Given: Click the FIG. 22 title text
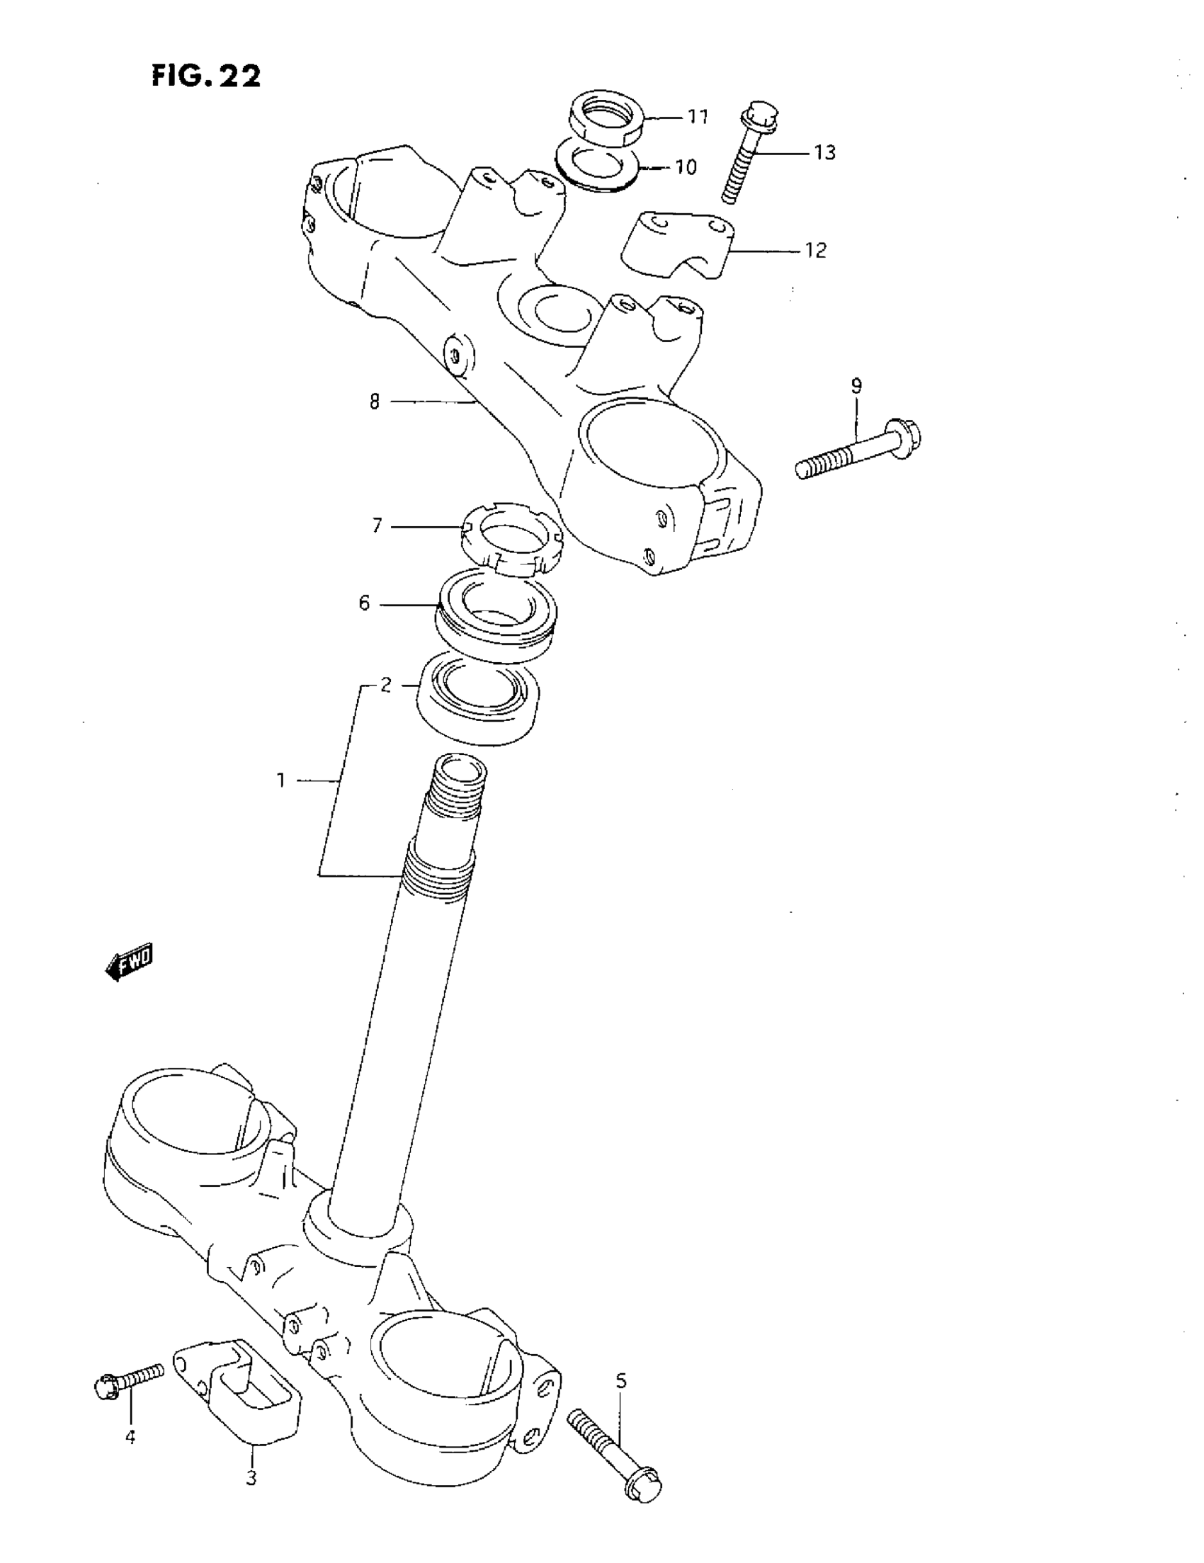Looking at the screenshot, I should tap(206, 75).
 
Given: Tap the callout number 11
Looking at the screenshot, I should tap(697, 117).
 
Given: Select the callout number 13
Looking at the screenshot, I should tap(824, 152).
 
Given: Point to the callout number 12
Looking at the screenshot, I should tap(815, 250).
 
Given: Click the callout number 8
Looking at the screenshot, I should tap(375, 402).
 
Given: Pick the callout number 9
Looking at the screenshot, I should tap(856, 387).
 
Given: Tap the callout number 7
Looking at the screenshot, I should tap(377, 526).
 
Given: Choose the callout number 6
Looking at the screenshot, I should tap(364, 604).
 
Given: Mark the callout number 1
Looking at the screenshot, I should tap(281, 780).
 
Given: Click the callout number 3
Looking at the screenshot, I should tap(251, 1478).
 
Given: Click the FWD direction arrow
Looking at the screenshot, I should tap(130, 962).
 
